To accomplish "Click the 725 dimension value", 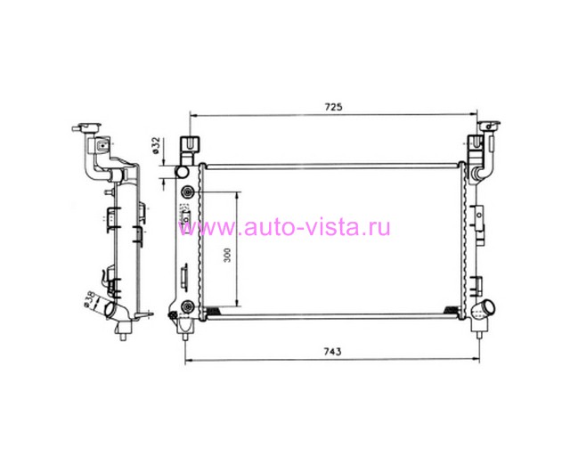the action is pyautogui.click(x=333, y=107).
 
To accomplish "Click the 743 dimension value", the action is pyautogui.click(x=332, y=352).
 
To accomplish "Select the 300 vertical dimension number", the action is pyautogui.click(x=227, y=256).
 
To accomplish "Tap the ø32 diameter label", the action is pyautogui.click(x=157, y=145).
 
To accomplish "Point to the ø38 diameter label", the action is pyautogui.click(x=89, y=300).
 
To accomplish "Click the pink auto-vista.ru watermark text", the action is pyautogui.click(x=284, y=227).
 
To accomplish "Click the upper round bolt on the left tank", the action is pyautogui.click(x=188, y=191).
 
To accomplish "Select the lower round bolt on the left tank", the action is pyautogui.click(x=188, y=307).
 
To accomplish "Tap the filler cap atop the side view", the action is pyautogui.click(x=87, y=128).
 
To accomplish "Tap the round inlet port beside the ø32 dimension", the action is pyautogui.click(x=182, y=172).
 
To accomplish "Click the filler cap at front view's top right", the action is pyautogui.click(x=489, y=126).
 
